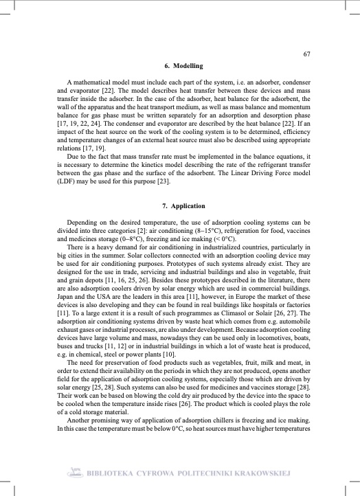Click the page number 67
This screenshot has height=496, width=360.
coord(307,54)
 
